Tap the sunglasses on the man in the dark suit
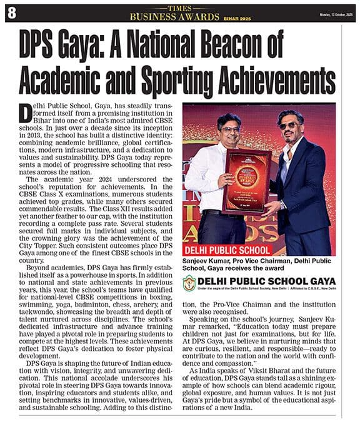(x=288, y=125)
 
